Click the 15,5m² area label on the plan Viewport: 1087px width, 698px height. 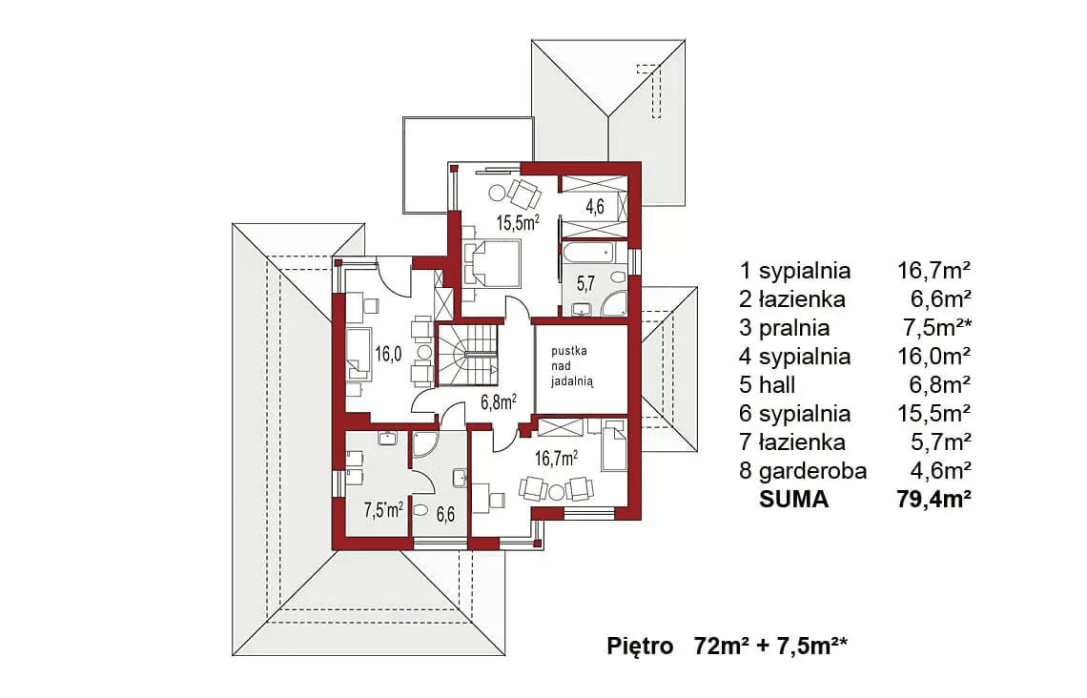click(x=518, y=224)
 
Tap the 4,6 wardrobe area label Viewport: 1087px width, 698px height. click(x=595, y=205)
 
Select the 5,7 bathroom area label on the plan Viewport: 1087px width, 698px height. click(x=587, y=282)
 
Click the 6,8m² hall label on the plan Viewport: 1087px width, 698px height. click(x=496, y=401)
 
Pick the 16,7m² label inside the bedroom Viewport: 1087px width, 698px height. click(x=557, y=459)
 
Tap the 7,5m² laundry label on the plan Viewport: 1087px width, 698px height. click(x=383, y=509)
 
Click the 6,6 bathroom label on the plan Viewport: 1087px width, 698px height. click(x=446, y=515)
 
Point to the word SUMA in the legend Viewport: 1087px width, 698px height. click(x=794, y=500)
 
